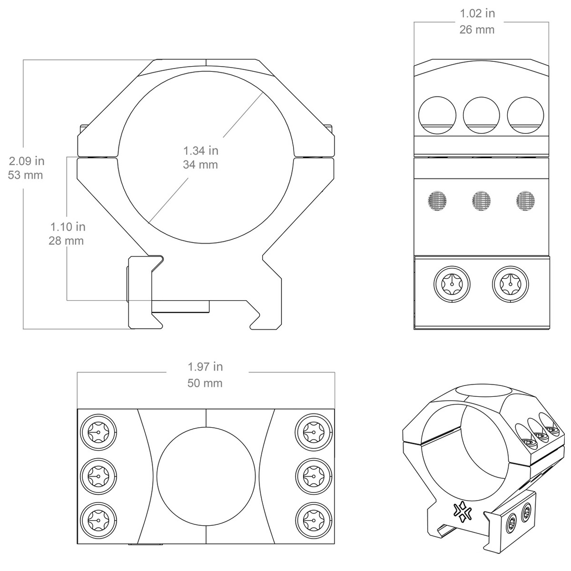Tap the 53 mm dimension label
[26, 175]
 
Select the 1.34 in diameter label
[201, 151]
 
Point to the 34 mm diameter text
[201, 165]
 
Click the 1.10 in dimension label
[68, 226]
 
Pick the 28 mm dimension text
[66, 241]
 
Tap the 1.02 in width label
[477, 13]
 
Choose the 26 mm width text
[477, 30]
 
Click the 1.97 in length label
[205, 367]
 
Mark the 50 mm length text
[205, 383]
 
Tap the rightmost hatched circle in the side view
[526, 200]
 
